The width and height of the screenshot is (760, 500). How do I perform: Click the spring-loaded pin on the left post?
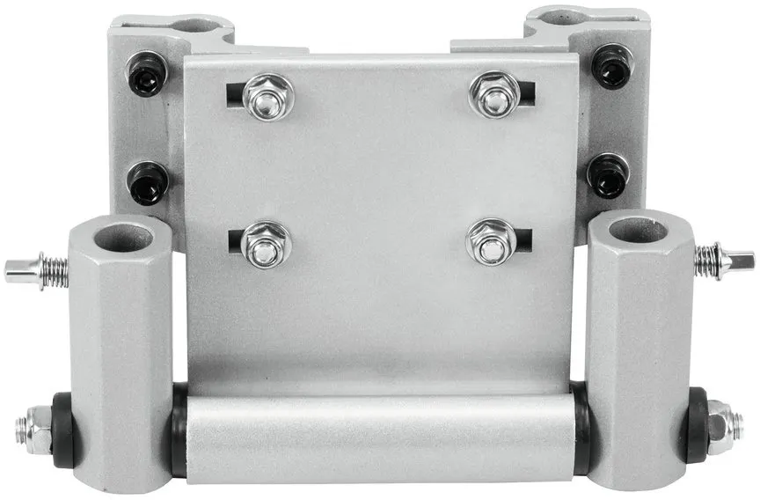tap(35, 269)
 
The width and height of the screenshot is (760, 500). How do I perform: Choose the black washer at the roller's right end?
tap(580, 426)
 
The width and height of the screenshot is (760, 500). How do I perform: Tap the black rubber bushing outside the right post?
tap(696, 424)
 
